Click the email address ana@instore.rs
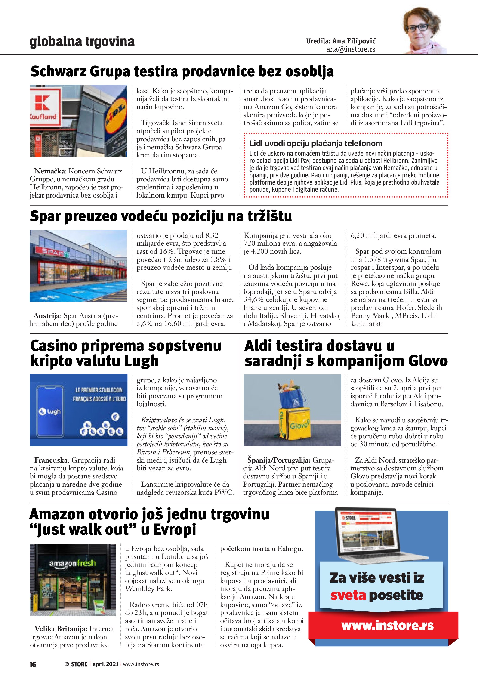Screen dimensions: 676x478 (351, 49)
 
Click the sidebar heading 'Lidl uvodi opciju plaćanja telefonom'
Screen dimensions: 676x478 (316, 143)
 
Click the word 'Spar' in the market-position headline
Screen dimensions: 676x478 (44, 216)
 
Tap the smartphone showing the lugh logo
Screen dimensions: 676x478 (50, 411)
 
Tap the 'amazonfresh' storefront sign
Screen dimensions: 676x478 (73, 563)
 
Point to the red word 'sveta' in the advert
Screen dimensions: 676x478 (348, 595)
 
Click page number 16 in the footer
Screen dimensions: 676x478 (33, 664)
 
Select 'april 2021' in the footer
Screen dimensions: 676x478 (105, 664)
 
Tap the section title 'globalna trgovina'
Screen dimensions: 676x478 (82, 42)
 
